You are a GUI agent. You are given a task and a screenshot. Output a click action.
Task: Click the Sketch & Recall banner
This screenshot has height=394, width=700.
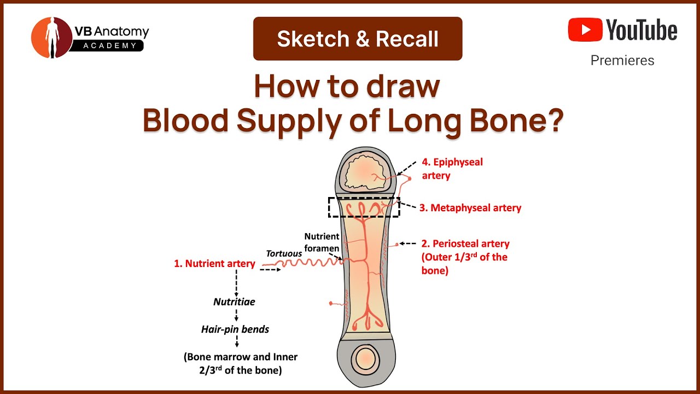tap(358, 39)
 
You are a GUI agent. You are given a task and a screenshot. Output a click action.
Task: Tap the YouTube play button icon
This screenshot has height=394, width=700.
tap(585, 30)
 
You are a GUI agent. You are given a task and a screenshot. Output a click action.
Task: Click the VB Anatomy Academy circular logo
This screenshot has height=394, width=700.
tap(52, 37)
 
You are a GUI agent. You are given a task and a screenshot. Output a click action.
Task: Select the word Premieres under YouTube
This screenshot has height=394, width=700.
tap(622, 60)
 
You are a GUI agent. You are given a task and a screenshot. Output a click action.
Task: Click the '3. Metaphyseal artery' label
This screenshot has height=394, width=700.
tap(470, 208)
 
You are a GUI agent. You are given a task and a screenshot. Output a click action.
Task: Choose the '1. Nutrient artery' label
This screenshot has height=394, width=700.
tap(214, 264)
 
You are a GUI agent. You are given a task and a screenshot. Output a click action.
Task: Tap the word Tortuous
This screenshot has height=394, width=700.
tap(284, 253)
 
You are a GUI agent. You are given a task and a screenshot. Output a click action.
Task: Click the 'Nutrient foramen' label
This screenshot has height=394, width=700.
tap(322, 241)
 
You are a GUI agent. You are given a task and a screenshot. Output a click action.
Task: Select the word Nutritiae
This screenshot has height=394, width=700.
tap(234, 302)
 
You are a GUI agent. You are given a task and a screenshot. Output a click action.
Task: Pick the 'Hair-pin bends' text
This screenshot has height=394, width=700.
tap(235, 329)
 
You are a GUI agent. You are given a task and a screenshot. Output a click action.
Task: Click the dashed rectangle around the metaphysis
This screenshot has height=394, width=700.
tap(364, 207)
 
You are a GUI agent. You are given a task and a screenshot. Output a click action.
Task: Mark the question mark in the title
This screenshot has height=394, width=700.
tap(553, 122)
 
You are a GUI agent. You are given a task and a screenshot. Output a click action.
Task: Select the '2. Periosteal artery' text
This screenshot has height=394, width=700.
tap(465, 244)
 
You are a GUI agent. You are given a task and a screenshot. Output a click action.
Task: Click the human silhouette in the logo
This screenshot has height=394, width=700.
tap(52, 37)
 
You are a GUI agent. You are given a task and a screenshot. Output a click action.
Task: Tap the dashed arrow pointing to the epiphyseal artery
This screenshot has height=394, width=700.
tap(407, 167)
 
